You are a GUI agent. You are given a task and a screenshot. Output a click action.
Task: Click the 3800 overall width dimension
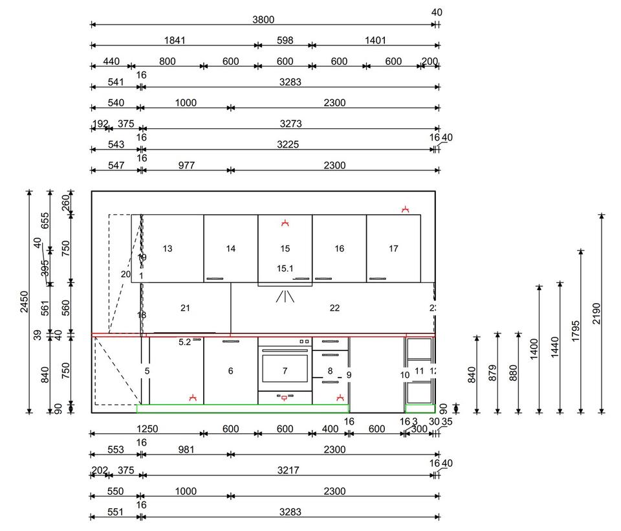(x=263, y=19)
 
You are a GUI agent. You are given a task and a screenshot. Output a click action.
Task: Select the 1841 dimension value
(x=175, y=40)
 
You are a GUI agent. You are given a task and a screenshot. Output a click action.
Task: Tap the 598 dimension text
(x=285, y=40)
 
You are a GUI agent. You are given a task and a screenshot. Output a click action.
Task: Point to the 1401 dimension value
(x=375, y=40)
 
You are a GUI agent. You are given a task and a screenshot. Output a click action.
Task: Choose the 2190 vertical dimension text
(x=596, y=312)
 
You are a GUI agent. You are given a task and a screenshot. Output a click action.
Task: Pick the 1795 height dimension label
(x=575, y=330)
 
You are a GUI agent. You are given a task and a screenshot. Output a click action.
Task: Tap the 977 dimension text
(x=186, y=166)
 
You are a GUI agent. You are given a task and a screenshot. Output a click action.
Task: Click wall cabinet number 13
(x=168, y=249)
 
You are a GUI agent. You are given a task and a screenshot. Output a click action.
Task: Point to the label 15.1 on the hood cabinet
(x=285, y=268)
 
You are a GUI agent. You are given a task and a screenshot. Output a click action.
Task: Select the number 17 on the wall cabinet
(x=393, y=249)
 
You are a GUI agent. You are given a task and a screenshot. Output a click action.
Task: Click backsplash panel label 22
(x=334, y=308)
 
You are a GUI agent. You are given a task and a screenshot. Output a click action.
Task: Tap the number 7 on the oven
(x=285, y=371)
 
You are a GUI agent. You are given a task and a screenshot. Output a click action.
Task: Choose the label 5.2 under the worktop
(x=185, y=343)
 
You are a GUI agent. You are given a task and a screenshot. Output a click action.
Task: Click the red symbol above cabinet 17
(x=406, y=209)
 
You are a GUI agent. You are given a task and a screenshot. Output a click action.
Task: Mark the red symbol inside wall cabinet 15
(x=285, y=223)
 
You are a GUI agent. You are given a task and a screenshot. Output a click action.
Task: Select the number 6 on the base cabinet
(x=230, y=371)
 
